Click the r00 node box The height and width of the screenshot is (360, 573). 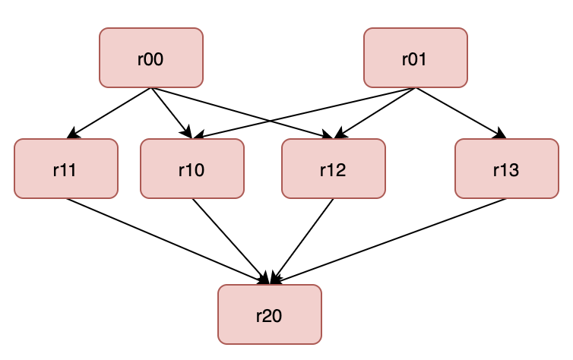coord(151,58)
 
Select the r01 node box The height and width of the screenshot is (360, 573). coord(415,58)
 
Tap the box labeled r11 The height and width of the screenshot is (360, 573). coord(66,169)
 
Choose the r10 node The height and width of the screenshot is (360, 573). coord(192,169)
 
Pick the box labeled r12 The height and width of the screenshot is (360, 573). coord(333,169)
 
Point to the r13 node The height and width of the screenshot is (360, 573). coord(506,169)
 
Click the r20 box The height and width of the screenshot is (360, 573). coord(269,314)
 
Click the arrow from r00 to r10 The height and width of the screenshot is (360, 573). coord(169,110)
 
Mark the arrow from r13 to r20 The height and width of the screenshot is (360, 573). coord(388,242)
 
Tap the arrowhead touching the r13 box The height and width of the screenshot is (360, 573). coord(501,135)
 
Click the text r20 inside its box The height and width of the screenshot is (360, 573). coord(269,314)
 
